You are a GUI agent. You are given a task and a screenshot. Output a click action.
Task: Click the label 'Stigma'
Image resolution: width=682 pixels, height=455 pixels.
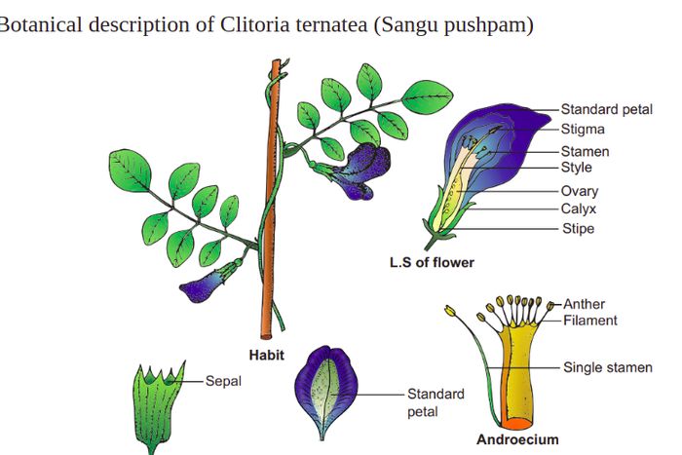point(583,129)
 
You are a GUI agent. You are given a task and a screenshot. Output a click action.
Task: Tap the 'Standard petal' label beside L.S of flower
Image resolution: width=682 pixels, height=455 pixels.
point(606,109)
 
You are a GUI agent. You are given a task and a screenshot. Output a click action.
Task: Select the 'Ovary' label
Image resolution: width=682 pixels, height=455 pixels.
point(580,191)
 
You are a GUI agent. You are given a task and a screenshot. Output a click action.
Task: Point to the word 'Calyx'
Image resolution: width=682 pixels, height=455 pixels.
point(578,209)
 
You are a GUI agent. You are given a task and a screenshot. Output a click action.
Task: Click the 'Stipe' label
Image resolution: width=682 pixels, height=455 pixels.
point(577,229)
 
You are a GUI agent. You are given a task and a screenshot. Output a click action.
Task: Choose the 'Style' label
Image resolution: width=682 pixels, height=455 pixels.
point(576,167)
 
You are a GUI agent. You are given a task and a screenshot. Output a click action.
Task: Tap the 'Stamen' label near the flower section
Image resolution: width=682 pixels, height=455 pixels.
point(585,151)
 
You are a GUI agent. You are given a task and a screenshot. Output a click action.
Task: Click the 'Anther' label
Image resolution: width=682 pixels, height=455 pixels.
point(584,304)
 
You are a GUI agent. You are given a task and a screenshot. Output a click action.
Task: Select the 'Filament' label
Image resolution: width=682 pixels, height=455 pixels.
point(589,320)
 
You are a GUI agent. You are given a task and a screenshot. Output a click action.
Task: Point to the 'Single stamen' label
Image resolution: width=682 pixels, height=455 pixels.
point(608,367)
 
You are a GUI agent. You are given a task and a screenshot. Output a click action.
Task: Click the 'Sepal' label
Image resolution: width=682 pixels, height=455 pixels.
point(223,380)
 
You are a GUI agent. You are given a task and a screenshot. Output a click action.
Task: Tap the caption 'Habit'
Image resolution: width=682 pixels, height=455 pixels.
point(266,356)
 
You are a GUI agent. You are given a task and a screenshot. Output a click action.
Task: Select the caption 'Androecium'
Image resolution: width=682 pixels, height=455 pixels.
point(517,439)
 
